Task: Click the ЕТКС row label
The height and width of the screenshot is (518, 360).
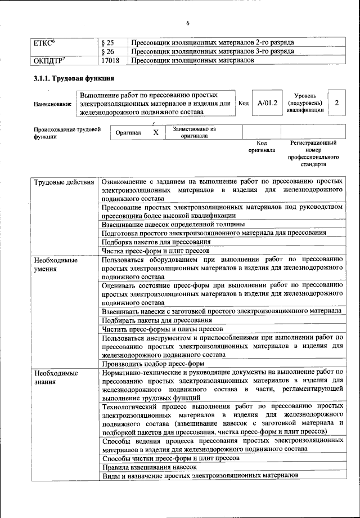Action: tap(44, 42)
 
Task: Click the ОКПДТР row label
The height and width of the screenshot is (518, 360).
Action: tap(49, 60)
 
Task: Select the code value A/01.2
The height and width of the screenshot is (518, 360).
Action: tap(267, 104)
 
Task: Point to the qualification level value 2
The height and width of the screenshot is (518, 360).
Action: tap(336, 103)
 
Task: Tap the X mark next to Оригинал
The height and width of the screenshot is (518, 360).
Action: tap(156, 132)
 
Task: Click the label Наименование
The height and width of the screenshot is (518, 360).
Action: tap(52, 104)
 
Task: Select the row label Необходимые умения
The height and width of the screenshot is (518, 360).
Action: tap(55, 265)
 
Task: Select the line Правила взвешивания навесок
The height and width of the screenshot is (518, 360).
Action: tap(149, 467)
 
